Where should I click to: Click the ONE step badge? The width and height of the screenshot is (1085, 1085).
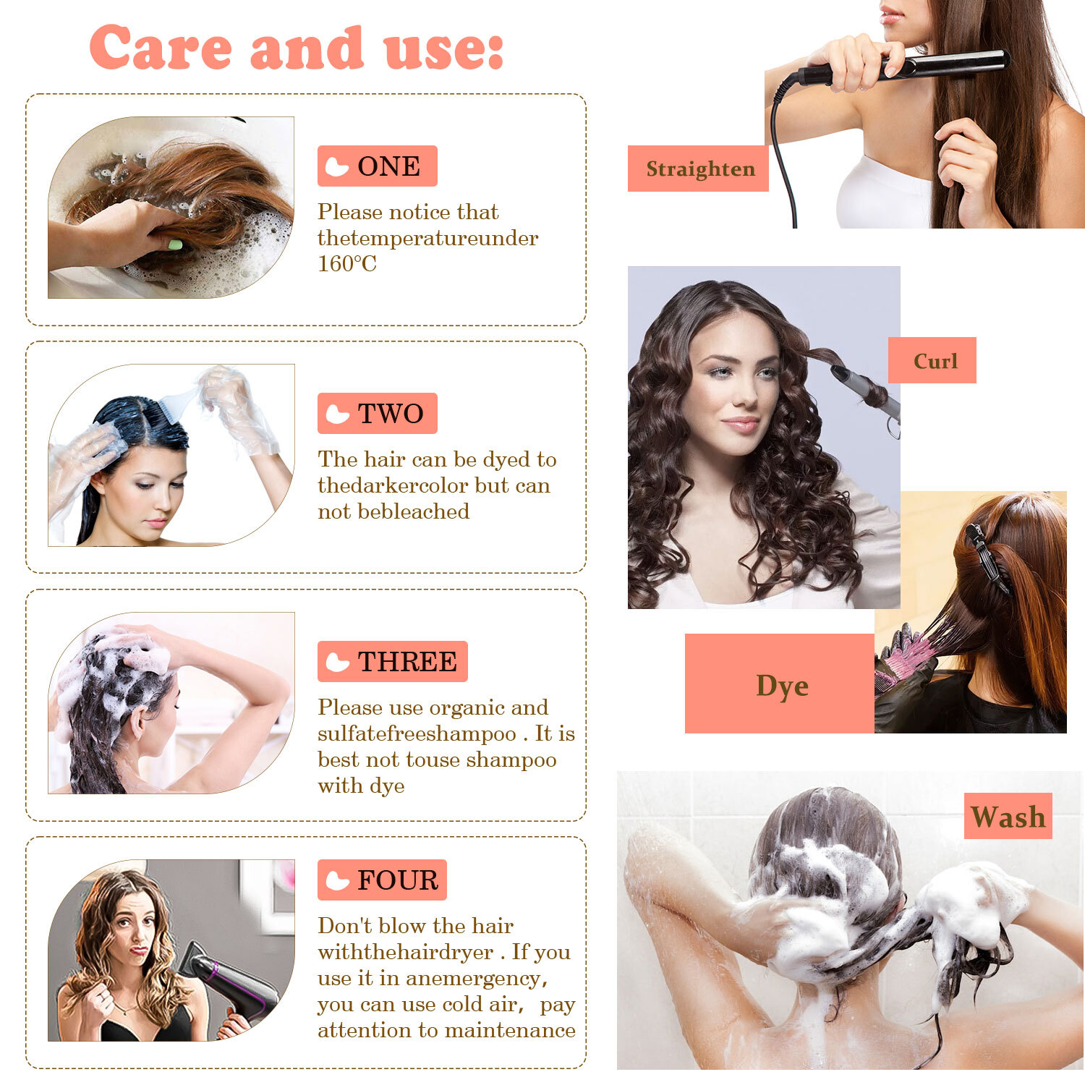pyautogui.click(x=377, y=166)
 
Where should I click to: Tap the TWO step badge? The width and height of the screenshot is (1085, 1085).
pyautogui.click(x=377, y=413)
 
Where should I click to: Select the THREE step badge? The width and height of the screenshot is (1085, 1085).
pyautogui.click(x=392, y=661)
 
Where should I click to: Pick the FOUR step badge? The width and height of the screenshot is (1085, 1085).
pyautogui.click(x=382, y=880)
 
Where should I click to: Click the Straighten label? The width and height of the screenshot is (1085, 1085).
pyautogui.click(x=698, y=169)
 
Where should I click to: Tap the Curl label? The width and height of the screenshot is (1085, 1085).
pyautogui.click(x=932, y=360)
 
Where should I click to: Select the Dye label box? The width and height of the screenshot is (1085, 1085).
pyautogui.click(x=780, y=684)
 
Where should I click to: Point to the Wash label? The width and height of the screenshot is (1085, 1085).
pyautogui.click(x=1008, y=817)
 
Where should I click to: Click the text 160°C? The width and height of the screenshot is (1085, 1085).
pyautogui.click(x=347, y=263)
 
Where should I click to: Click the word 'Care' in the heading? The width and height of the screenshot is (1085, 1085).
pyautogui.click(x=161, y=48)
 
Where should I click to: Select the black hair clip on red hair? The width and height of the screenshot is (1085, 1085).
pyautogui.click(x=987, y=557)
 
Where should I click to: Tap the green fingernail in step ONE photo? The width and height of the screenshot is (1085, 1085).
pyautogui.click(x=175, y=244)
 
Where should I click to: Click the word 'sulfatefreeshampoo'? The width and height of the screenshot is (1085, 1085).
pyautogui.click(x=417, y=733)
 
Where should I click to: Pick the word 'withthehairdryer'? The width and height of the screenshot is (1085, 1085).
pyautogui.click(x=406, y=952)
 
